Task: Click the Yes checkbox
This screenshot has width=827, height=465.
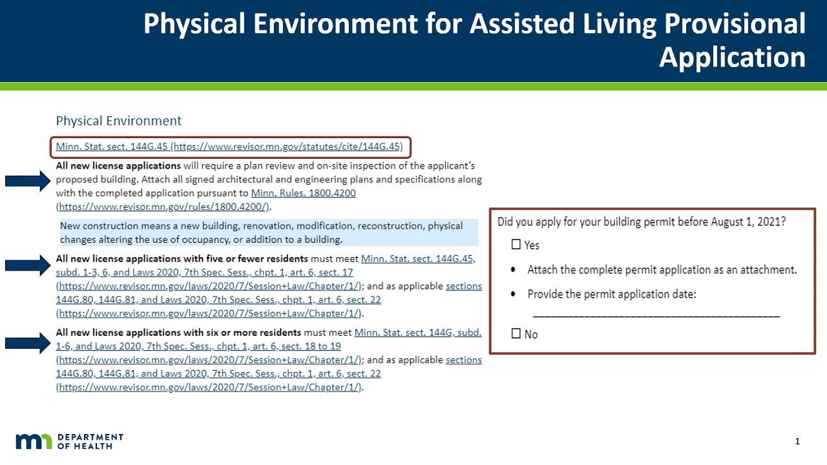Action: pyautogui.click(x=516, y=245)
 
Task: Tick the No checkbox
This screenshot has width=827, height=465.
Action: pyautogui.click(x=516, y=334)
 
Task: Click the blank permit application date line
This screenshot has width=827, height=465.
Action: pyautogui.click(x=656, y=315)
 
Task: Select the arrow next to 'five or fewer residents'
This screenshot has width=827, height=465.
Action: pyautogui.click(x=27, y=265)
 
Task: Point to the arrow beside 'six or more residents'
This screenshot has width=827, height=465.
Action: pyautogui.click(x=27, y=346)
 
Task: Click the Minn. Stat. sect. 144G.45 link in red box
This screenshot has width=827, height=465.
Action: pyautogui.click(x=229, y=147)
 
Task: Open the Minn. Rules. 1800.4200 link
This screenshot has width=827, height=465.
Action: pyautogui.click(x=303, y=193)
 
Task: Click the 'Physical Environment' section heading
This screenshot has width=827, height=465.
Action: pyautogui.click(x=118, y=121)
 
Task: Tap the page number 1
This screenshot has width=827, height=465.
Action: pyautogui.click(x=797, y=442)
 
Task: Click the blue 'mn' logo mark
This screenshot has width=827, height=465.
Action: pyautogui.click(x=34, y=442)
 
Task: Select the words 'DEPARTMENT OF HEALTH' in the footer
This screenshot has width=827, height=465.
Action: pyautogui.click(x=90, y=442)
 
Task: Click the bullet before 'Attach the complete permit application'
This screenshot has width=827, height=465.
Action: pyautogui.click(x=513, y=269)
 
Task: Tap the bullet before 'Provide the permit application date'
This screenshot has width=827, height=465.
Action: pyautogui.click(x=513, y=294)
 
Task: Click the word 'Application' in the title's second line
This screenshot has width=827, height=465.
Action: pyautogui.click(x=732, y=58)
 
